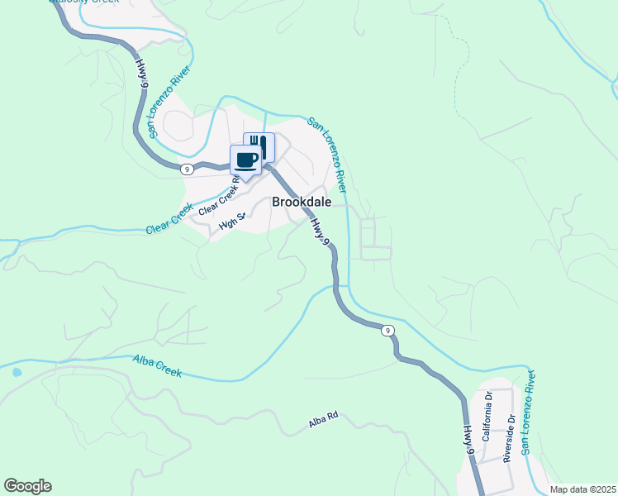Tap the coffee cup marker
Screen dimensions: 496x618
[246, 159]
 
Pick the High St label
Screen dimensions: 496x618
[233, 222]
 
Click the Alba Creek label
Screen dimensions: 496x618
[157, 366]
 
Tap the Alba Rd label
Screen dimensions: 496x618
[324, 422]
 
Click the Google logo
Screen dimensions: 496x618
[27, 486]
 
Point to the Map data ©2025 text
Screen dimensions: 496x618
[582, 489]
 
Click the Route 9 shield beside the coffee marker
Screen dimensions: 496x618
[188, 169]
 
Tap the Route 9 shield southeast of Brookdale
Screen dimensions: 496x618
[387, 331]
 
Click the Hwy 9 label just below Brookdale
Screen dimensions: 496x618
[321, 231]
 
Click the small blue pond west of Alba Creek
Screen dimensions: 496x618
[17, 373]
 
